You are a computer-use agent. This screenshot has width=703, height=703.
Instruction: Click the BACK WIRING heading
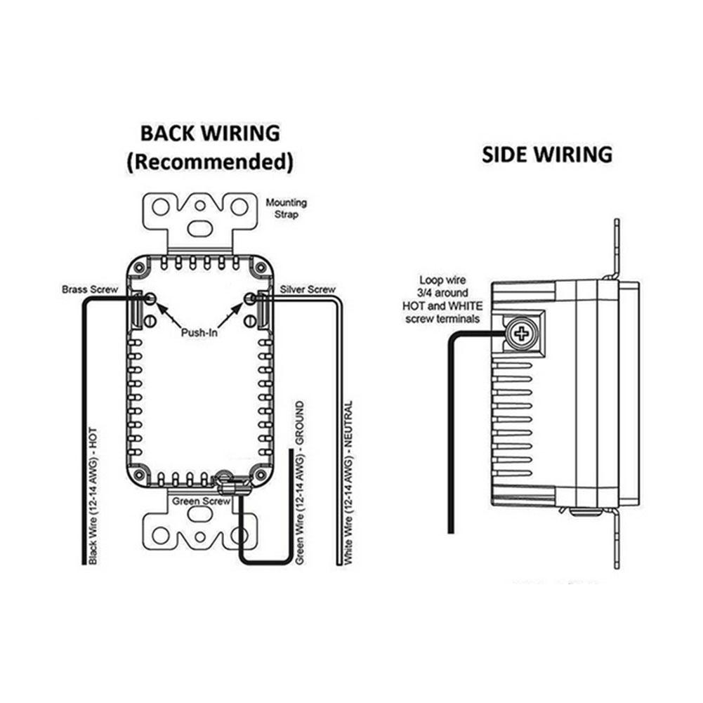pos(209,133)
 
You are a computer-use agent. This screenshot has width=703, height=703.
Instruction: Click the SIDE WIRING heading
pos(546,155)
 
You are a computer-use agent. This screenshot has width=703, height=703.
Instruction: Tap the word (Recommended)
pos(209,162)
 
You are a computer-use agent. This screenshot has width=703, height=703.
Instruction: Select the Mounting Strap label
pos(286,209)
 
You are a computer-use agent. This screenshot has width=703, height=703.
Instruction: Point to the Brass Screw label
pos(89,289)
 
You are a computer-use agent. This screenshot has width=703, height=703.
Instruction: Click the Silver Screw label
pos(308,289)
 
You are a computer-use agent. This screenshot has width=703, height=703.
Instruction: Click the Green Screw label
pos(202,501)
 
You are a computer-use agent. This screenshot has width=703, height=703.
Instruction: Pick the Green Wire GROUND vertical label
pos(300,483)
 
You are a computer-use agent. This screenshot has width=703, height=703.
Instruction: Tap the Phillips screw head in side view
pos(521,334)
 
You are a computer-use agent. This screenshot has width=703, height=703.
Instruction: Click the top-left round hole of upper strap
pos(162,206)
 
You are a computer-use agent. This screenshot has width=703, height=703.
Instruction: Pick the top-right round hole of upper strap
pos(239,206)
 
